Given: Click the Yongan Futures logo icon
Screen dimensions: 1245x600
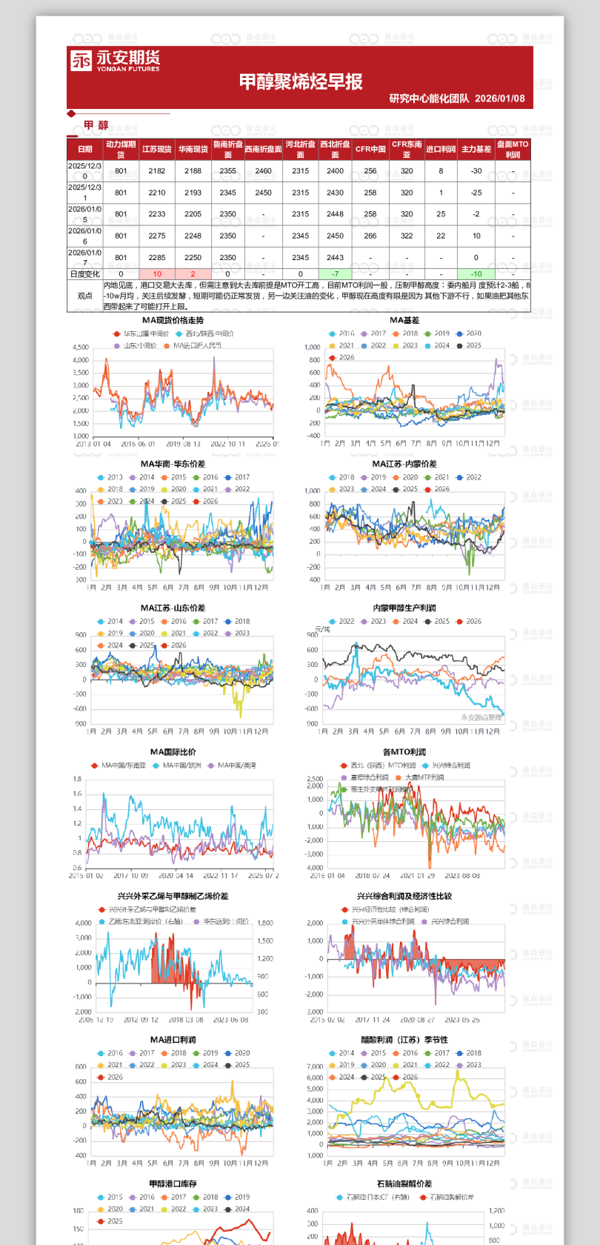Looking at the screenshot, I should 81,61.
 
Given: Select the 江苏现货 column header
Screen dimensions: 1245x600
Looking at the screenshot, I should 157,149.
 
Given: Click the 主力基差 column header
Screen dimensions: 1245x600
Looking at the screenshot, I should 476,149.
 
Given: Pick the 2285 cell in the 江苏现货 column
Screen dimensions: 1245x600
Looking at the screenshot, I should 157,258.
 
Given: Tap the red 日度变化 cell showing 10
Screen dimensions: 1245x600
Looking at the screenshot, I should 157,274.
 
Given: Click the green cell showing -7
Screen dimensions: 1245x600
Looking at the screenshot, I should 335,274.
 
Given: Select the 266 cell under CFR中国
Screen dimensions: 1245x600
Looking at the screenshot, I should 370,236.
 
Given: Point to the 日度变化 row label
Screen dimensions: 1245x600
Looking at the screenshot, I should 85,274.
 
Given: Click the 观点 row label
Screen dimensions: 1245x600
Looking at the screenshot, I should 85,295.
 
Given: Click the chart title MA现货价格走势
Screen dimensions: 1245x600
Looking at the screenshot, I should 173,320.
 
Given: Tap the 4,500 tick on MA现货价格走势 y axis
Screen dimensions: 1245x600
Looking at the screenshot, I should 81,348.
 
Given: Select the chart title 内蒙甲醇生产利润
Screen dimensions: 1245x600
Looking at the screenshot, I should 404,608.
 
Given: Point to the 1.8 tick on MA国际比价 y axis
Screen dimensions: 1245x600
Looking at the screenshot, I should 77,779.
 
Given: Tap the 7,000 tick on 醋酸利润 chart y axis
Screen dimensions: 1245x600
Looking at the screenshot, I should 315,1066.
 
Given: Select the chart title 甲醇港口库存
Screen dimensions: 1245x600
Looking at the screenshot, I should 173,1183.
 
